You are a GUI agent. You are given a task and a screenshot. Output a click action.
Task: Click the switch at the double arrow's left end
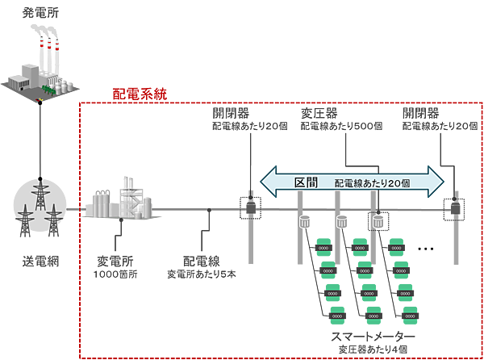click(249, 207)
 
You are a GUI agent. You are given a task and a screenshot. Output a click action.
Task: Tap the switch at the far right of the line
click(453, 207)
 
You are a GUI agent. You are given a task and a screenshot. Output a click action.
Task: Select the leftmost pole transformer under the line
click(305, 222)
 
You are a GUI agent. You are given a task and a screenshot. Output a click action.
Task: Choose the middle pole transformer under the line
click(341, 221)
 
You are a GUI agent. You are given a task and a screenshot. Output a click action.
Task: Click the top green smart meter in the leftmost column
click(325, 241)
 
